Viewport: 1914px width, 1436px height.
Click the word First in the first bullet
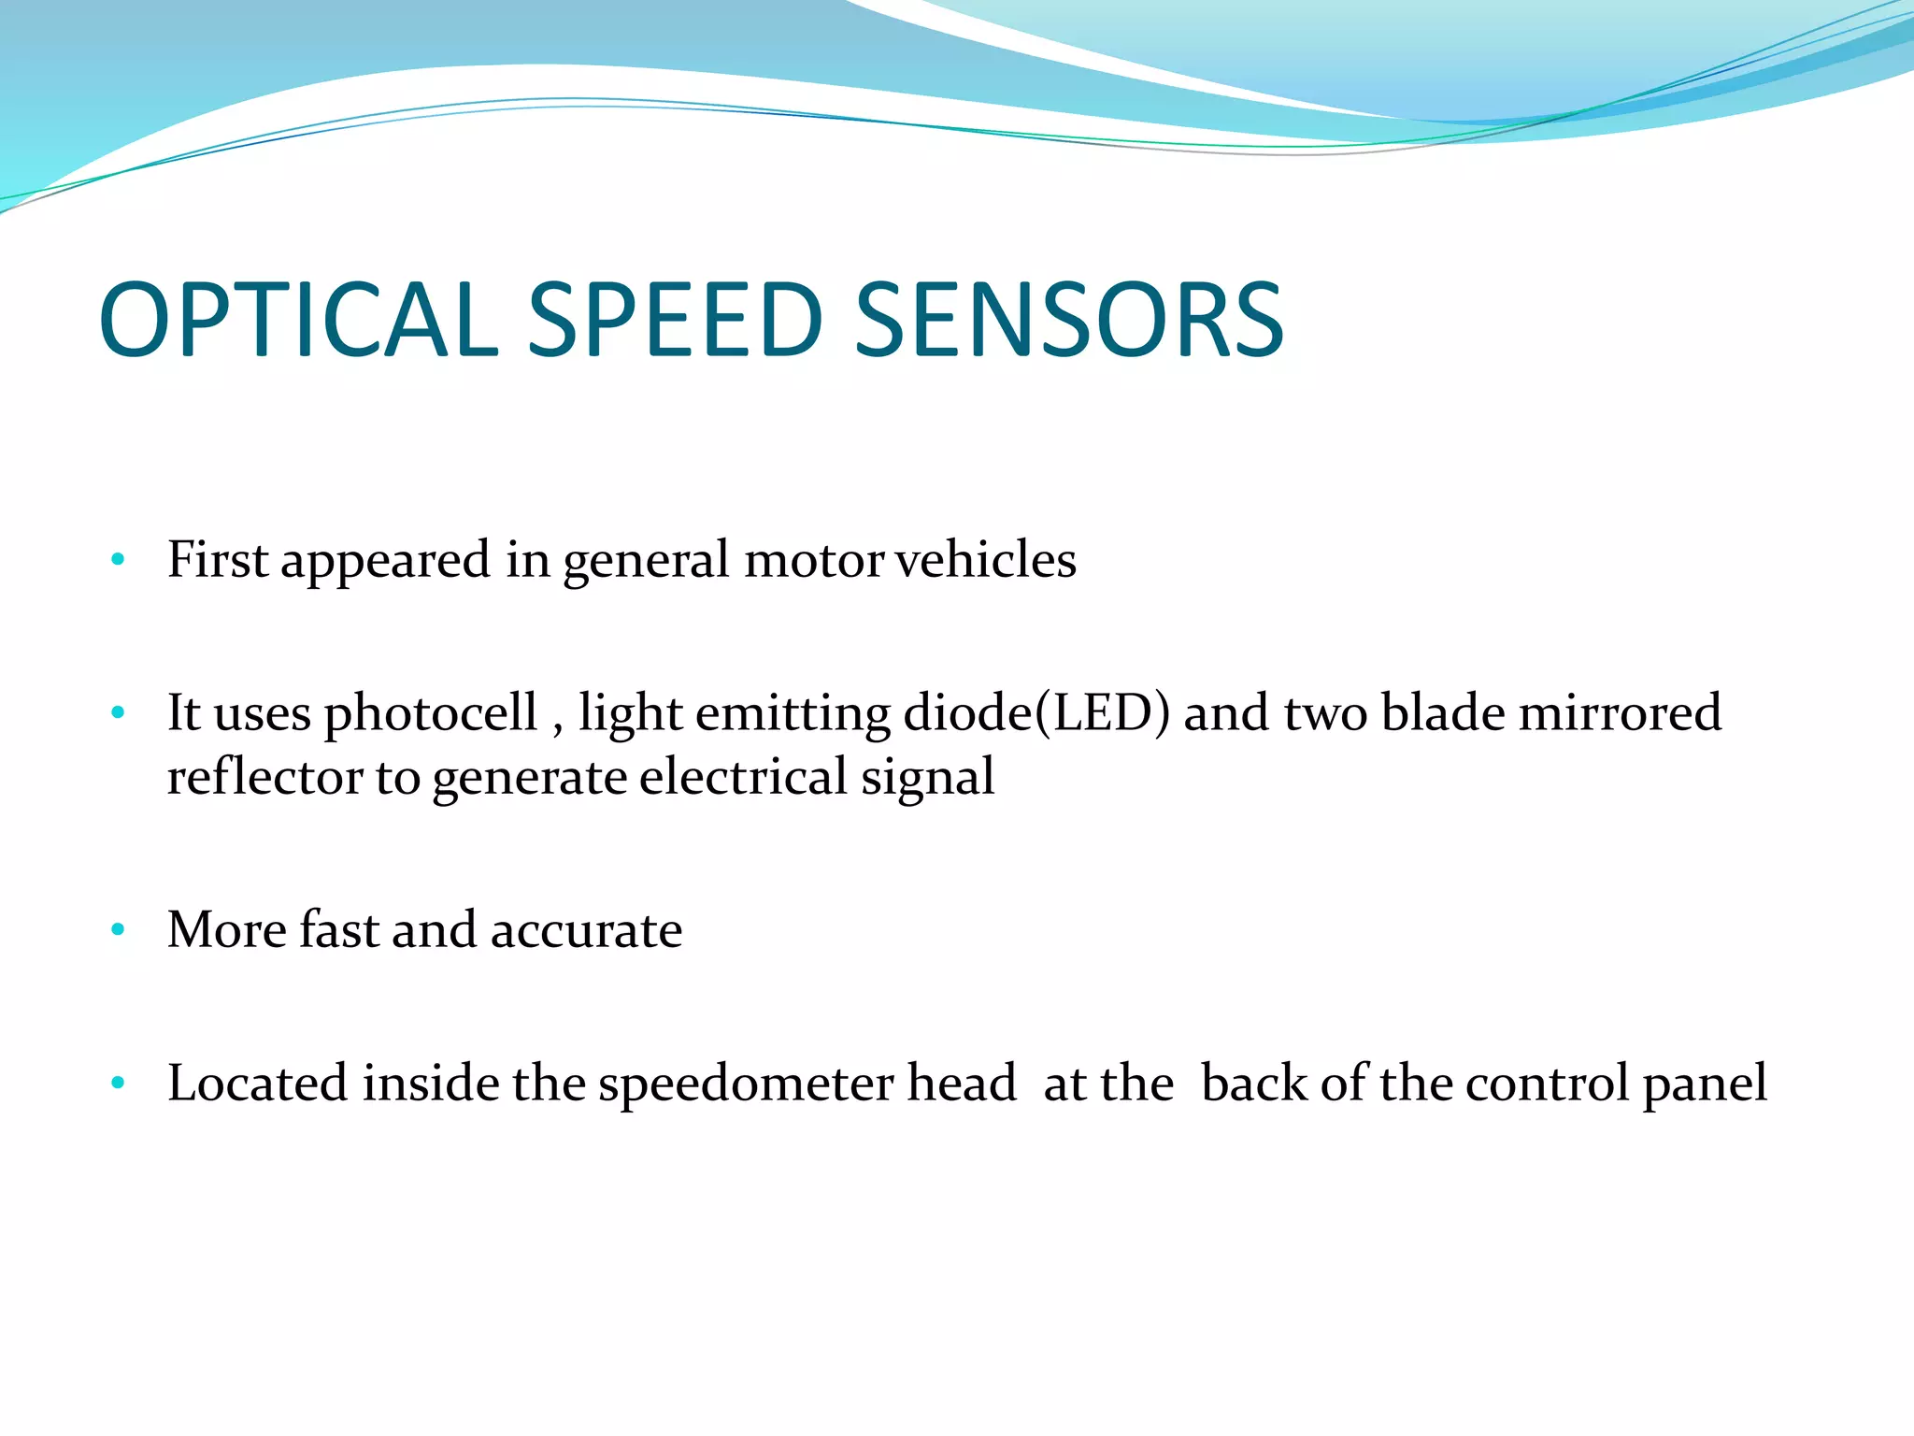pyautogui.click(x=218, y=559)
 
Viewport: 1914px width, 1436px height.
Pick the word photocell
pyautogui.click(x=431, y=713)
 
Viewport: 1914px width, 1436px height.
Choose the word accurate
pyautogui.click(x=586, y=930)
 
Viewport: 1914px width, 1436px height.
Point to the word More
pyautogui.click(x=227, y=930)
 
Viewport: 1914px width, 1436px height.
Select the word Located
pyautogui.click(x=257, y=1084)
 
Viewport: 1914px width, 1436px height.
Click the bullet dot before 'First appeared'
pyautogui.click(x=118, y=560)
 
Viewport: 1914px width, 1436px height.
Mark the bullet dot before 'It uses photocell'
pyautogui.click(x=118, y=713)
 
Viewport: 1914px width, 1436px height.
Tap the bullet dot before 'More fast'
pyautogui.click(x=118, y=930)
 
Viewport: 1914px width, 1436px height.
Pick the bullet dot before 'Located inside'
pyautogui.click(x=118, y=1084)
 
